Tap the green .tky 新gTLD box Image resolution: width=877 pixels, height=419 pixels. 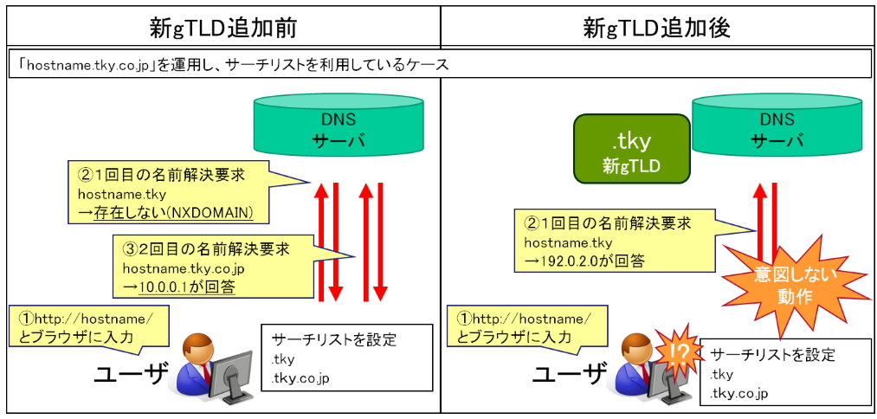pyautogui.click(x=632, y=149)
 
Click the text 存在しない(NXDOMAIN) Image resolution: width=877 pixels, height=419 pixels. pyautogui.click(x=173, y=214)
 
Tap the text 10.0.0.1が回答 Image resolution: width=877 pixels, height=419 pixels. pyautogui.click(x=187, y=287)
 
